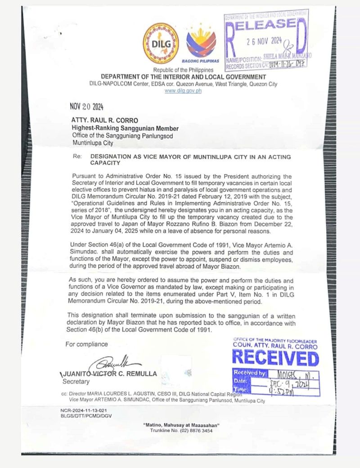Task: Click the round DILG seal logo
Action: coord(161,44)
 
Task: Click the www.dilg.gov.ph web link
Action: coord(183,90)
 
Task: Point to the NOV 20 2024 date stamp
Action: coord(86,107)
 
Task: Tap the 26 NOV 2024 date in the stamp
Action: coord(264,41)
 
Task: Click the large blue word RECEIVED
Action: coord(275,358)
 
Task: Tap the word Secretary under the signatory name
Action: coord(76,382)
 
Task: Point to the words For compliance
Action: coord(86,344)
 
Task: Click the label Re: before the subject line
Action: coord(76,157)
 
